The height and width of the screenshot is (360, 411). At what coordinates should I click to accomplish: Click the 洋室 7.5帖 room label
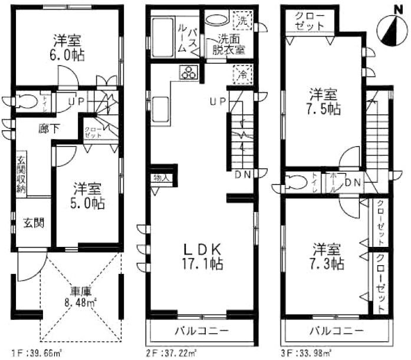point(324,101)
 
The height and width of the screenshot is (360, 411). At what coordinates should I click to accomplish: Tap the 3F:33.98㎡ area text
point(310,353)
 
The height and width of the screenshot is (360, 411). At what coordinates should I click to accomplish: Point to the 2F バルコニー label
point(201,330)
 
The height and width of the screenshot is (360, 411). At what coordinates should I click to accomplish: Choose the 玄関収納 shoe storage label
point(21,173)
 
